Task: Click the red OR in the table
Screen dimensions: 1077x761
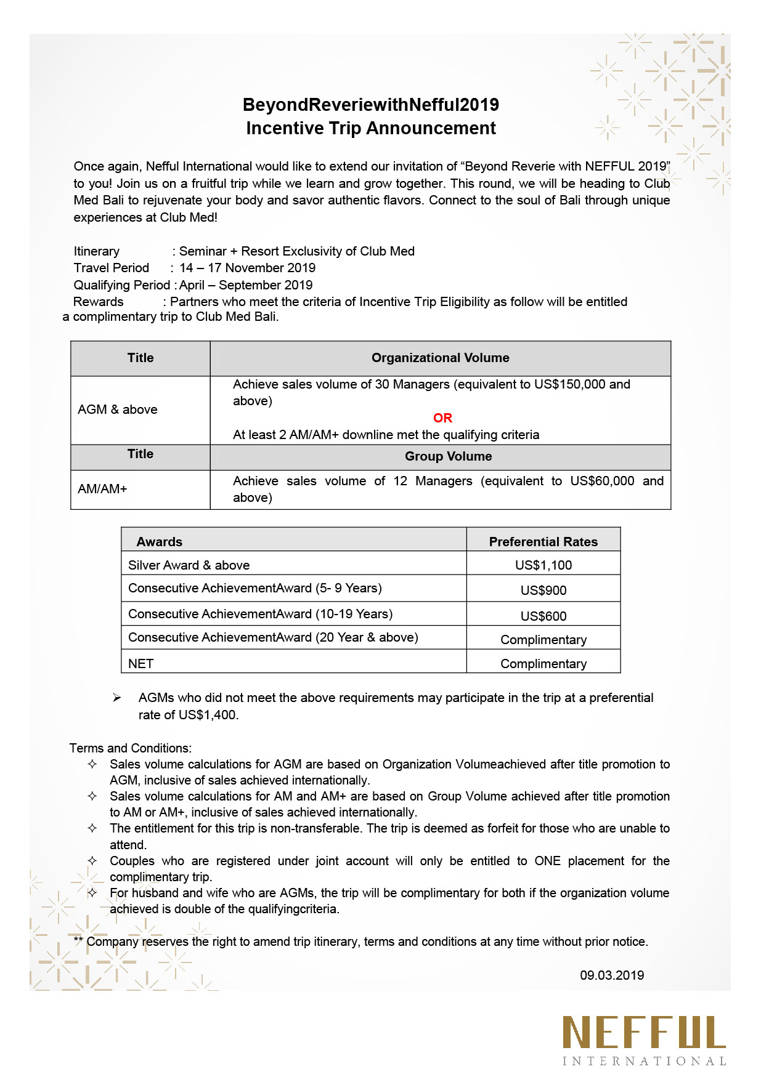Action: (x=442, y=418)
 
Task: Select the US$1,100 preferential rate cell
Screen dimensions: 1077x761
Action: (x=543, y=565)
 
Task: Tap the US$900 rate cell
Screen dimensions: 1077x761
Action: (x=543, y=591)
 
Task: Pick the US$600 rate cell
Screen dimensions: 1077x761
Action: (x=543, y=616)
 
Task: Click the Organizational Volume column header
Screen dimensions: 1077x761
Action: (x=440, y=358)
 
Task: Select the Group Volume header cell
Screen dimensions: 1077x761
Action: (x=448, y=456)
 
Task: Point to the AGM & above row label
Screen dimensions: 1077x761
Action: (x=118, y=409)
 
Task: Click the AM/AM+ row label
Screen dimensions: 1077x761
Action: (x=102, y=489)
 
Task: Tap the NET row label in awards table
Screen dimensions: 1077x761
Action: (x=141, y=664)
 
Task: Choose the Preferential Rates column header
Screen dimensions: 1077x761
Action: (x=543, y=542)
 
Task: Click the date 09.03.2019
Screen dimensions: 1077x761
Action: (x=612, y=975)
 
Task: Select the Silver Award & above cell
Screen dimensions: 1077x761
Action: (x=189, y=565)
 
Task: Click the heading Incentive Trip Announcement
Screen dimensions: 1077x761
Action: (x=370, y=128)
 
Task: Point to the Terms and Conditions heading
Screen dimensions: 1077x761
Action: (x=130, y=748)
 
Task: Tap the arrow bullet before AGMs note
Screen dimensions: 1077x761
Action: (x=116, y=698)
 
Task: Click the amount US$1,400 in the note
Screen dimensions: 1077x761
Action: (x=208, y=715)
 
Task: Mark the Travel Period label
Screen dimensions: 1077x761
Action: (x=112, y=268)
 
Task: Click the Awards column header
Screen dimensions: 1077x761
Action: (x=160, y=542)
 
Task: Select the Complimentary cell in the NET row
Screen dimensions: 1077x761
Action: (x=543, y=664)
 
